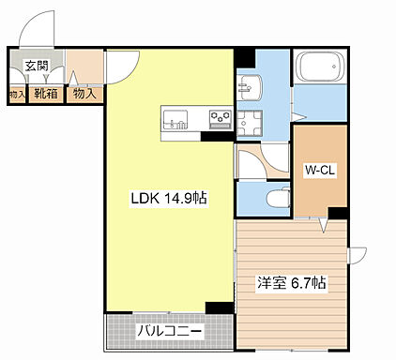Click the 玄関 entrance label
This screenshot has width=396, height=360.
(x=37, y=66)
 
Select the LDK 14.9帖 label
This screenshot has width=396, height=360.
(x=161, y=198)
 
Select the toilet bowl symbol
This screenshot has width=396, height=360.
(x=276, y=198)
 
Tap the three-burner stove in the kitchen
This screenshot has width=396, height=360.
(x=220, y=118)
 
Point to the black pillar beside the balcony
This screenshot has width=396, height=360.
(x=219, y=307)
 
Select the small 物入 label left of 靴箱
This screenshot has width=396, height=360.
(x=16, y=94)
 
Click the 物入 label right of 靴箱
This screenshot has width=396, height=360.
(x=84, y=94)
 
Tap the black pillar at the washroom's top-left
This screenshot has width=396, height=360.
(x=244, y=55)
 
